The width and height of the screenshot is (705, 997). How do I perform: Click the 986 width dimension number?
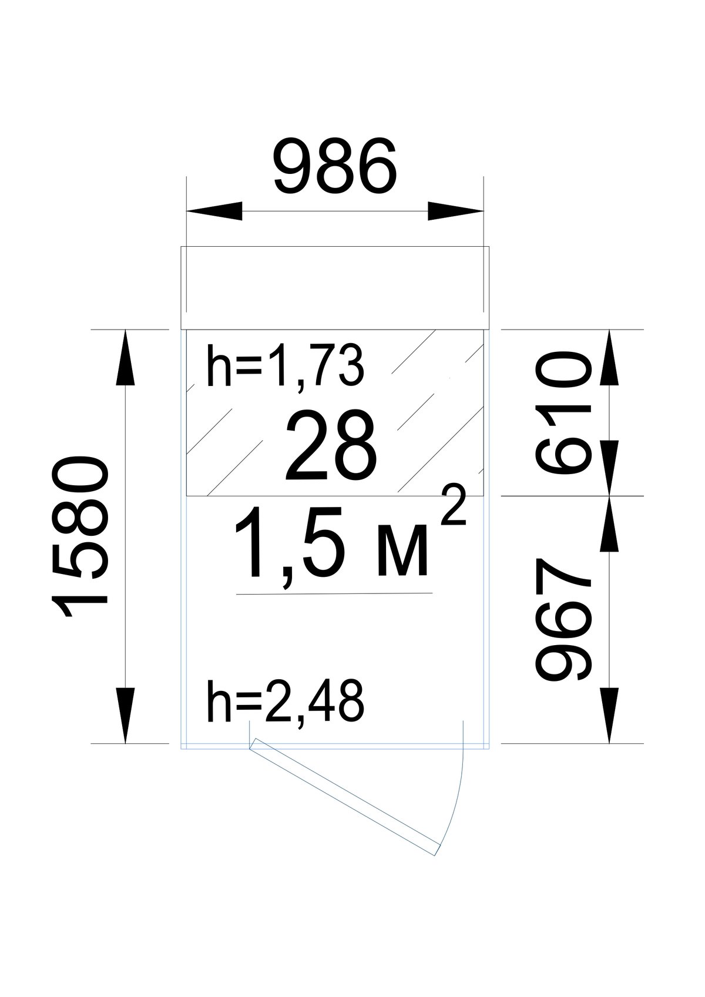click(335, 166)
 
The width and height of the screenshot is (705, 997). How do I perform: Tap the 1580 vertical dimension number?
click(80, 539)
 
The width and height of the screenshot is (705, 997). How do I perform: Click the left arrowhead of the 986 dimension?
click(214, 211)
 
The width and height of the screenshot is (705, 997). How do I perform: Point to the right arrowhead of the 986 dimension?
click(455, 211)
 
